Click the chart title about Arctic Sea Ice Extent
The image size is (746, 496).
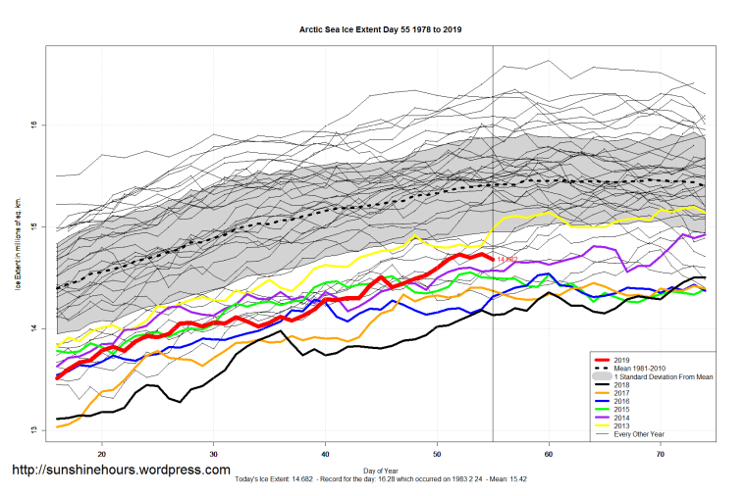pos(381,29)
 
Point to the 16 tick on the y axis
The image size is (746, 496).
pos(33,124)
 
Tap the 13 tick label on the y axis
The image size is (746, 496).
pos(33,430)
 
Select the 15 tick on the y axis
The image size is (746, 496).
pos(33,226)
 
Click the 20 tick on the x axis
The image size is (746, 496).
pos(101,455)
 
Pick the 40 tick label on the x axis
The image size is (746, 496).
pos(325,455)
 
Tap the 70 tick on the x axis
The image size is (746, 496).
pos(661,455)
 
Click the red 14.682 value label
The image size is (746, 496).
pos(507,259)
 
